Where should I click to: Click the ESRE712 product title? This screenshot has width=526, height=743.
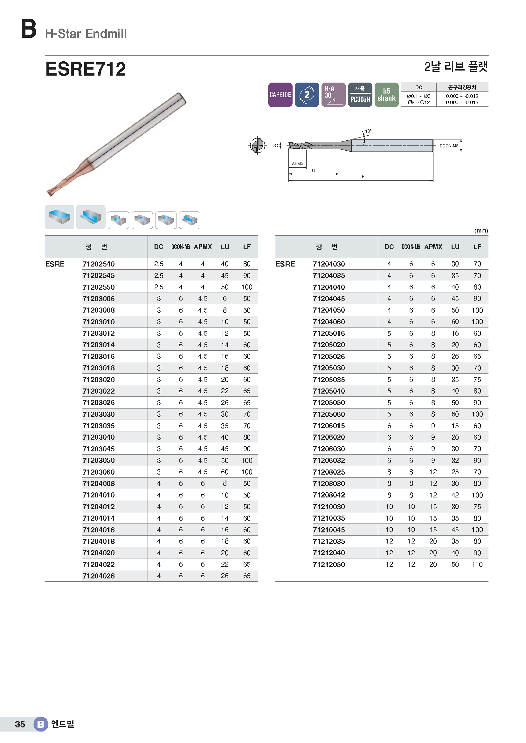pos(86,69)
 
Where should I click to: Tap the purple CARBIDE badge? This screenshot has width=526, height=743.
pos(280,94)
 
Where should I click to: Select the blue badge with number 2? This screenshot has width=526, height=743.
pos(307,94)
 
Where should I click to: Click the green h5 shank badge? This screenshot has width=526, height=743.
pos(386,94)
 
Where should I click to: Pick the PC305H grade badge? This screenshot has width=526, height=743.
pos(360,94)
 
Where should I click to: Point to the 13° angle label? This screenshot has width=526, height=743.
pos(368,131)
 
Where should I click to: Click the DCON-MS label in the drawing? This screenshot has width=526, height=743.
pos(449,146)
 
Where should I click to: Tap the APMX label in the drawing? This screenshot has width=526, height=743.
pos(297,164)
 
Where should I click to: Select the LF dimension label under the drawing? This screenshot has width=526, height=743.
pos(362,177)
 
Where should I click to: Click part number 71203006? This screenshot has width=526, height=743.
pos(99,299)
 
